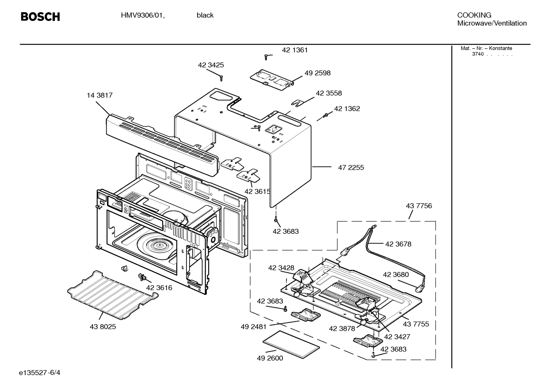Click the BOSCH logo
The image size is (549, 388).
40,17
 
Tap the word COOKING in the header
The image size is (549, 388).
474,15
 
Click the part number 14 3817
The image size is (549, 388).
100,95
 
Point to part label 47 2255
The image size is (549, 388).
351,168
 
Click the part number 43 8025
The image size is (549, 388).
103,327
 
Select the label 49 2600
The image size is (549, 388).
270,358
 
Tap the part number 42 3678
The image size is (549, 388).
398,244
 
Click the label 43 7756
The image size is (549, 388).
419,206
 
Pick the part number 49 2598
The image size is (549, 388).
318,73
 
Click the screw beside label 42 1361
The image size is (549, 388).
267,57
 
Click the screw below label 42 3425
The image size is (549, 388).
221,78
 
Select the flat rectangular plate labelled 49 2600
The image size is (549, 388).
292,344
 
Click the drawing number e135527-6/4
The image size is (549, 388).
40,372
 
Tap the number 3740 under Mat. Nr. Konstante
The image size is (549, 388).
478,54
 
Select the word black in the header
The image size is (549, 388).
205,15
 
